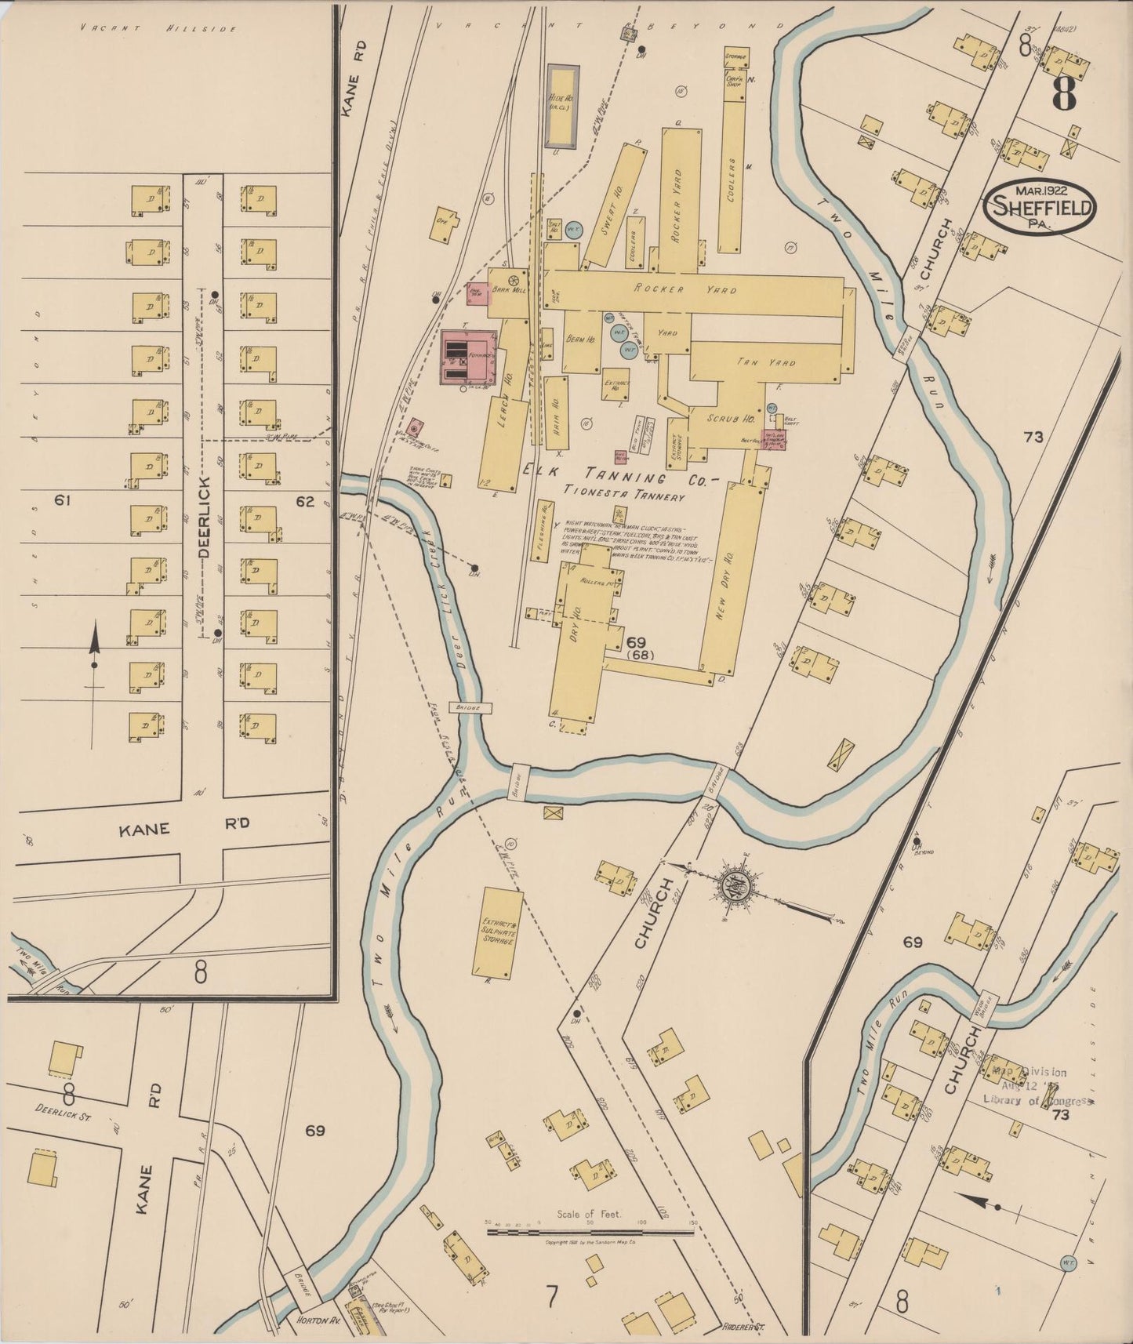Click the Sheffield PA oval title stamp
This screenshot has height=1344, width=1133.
pyautogui.click(x=1040, y=207)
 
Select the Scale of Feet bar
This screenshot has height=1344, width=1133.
pyautogui.click(x=590, y=1232)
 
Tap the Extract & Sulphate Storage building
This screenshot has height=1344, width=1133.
pyautogui.click(x=497, y=931)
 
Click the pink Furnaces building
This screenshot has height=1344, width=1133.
pyautogui.click(x=468, y=358)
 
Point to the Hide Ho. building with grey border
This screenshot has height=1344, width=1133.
pyautogui.click(x=561, y=106)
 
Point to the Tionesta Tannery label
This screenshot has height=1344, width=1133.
pyautogui.click(x=625, y=496)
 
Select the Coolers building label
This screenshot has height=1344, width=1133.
pyautogui.click(x=732, y=180)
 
